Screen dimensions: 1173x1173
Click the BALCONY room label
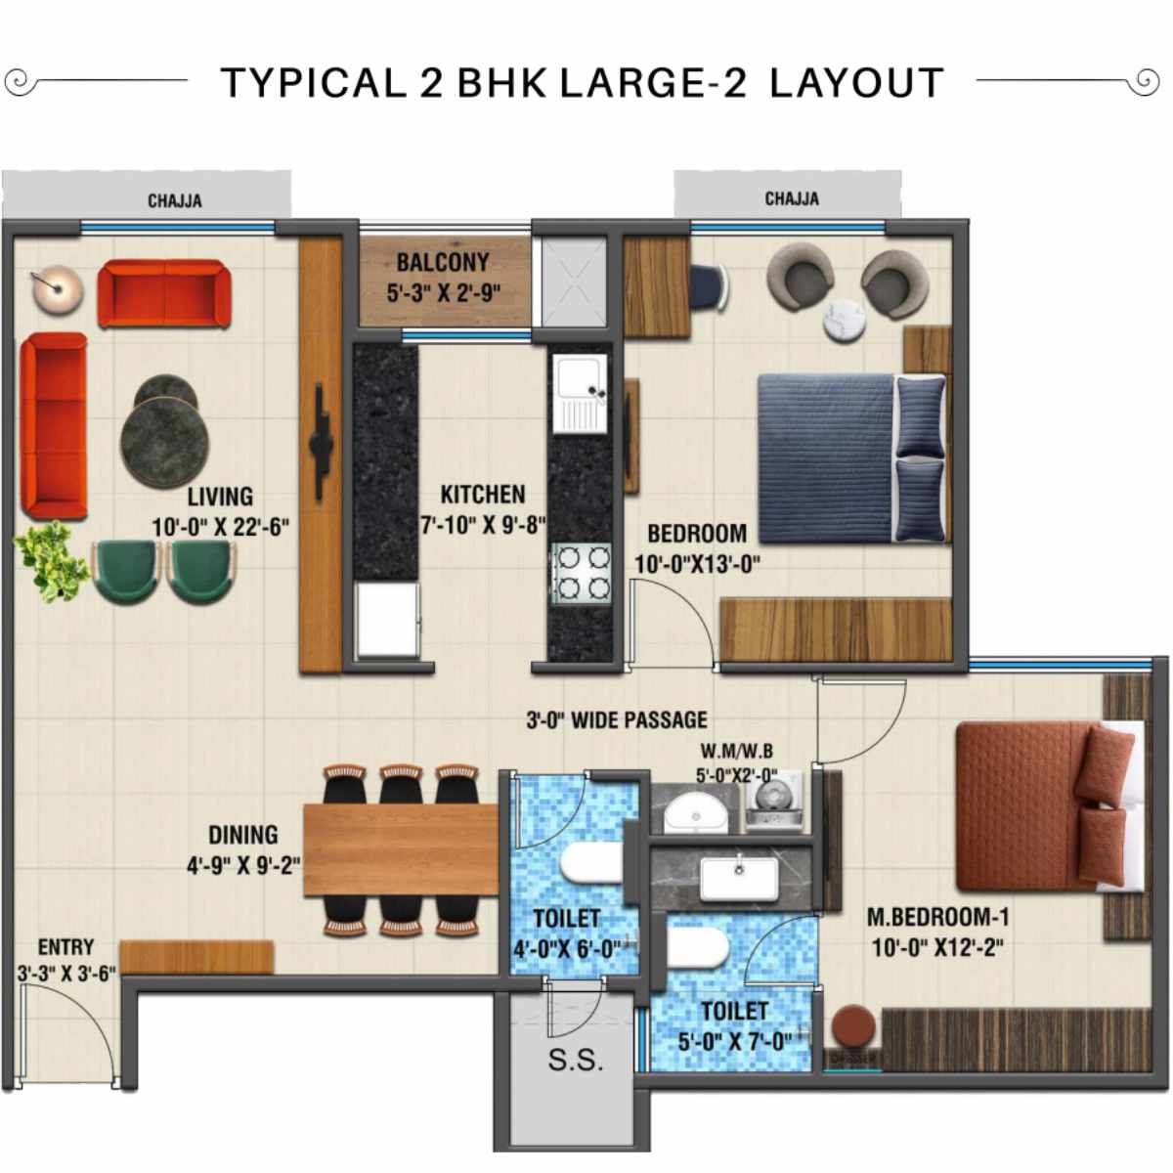point(442,262)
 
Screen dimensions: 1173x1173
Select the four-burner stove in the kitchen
point(581,574)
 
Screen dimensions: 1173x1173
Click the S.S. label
point(575,1061)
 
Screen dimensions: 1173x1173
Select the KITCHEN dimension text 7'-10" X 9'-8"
point(483,526)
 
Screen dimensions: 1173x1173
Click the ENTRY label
point(65,947)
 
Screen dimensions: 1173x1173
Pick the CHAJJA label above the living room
point(175,200)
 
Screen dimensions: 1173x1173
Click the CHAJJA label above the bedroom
point(792,198)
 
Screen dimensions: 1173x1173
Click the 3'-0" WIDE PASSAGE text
point(617,720)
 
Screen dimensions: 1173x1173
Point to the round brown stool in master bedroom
point(853,1027)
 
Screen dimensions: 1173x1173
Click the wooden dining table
point(401,848)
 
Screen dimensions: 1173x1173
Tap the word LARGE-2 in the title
point(653,83)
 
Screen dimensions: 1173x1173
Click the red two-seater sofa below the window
point(163,293)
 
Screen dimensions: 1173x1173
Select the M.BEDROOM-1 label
point(937,917)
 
